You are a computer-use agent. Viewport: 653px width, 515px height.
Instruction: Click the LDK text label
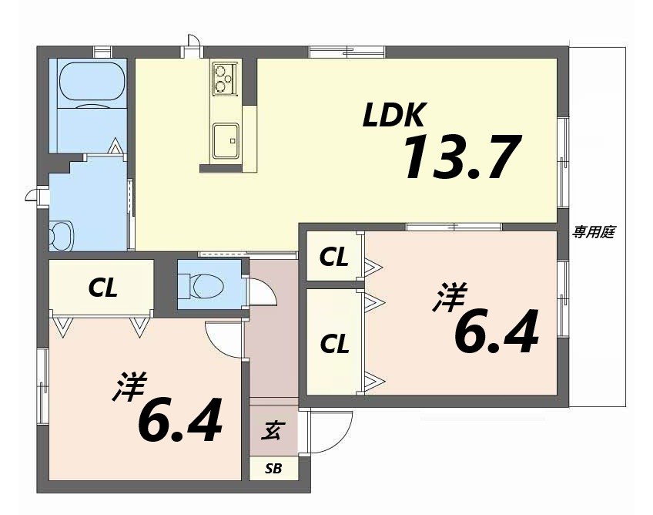(x=394, y=116)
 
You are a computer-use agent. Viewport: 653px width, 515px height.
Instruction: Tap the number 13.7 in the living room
(x=460, y=157)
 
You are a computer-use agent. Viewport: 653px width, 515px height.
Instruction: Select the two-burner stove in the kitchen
(x=225, y=76)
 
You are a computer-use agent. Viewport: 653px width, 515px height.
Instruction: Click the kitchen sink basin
(x=226, y=140)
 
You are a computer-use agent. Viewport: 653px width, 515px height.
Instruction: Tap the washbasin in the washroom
(x=59, y=235)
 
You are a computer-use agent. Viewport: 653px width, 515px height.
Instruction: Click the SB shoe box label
(x=273, y=468)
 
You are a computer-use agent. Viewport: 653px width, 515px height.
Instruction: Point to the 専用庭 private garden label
(x=593, y=232)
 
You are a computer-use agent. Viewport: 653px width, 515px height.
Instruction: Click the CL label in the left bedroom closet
(x=102, y=288)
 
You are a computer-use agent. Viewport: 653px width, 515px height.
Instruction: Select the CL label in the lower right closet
(x=333, y=344)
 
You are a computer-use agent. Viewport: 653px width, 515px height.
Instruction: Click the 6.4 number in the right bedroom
(x=494, y=333)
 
